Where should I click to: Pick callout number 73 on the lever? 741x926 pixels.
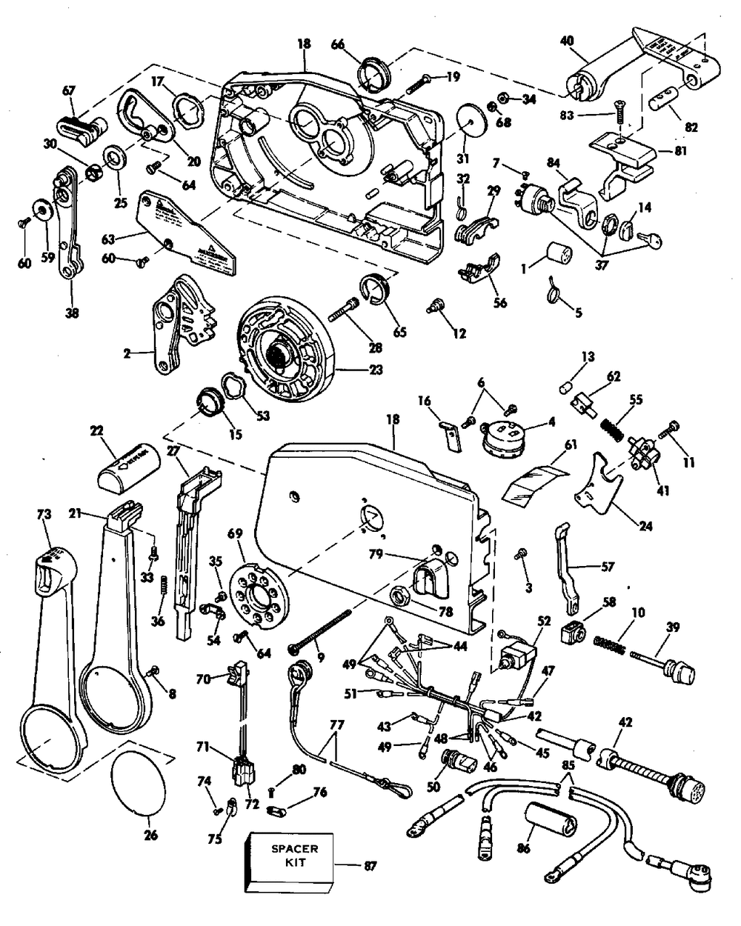(44, 513)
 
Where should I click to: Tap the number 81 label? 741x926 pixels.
(702, 150)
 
